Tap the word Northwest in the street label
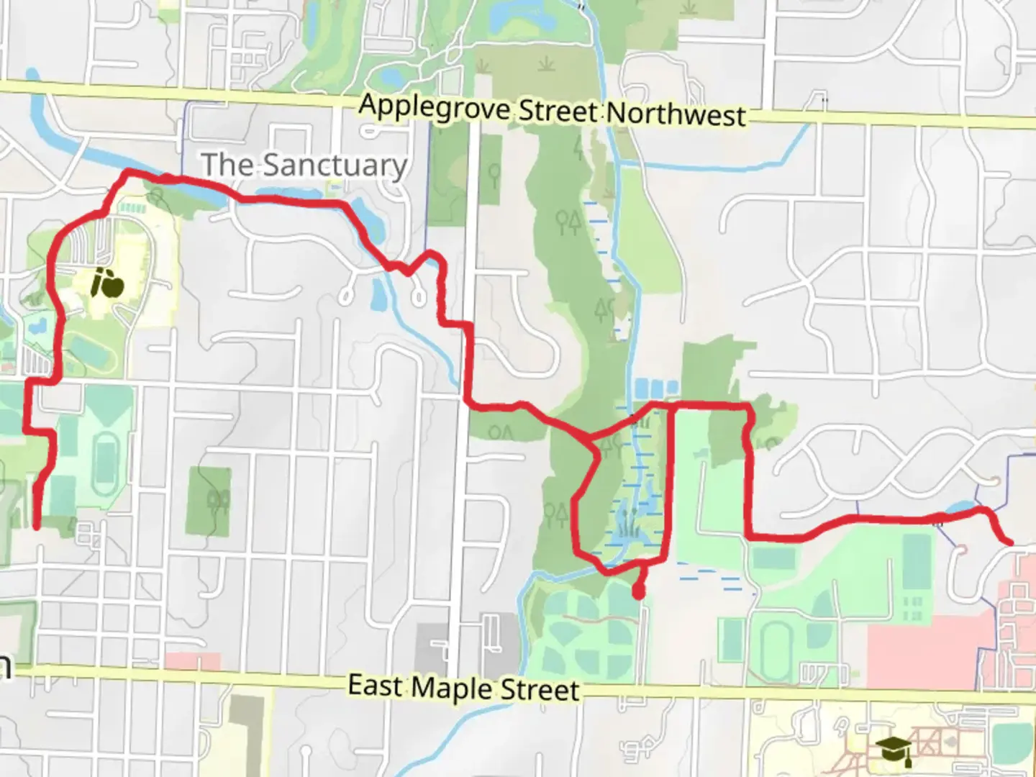676,115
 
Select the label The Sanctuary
304,165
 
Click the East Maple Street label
463,688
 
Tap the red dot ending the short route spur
638,593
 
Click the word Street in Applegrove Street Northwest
558,112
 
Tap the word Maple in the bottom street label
453,688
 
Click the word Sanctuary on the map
335,165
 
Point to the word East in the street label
376,685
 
